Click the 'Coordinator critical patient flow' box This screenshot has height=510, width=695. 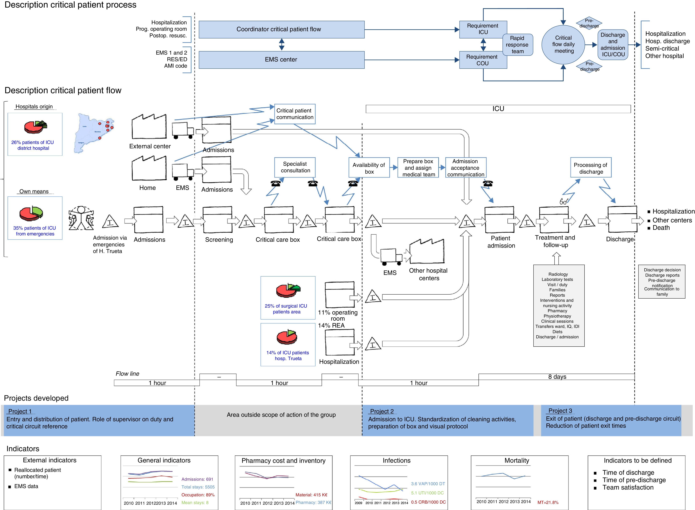[x=281, y=29]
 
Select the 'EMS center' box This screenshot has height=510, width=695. [x=281, y=60]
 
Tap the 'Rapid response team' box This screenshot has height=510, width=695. [x=518, y=45]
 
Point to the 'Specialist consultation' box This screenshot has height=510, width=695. [x=295, y=167]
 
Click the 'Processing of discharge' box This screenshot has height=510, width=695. [x=591, y=168]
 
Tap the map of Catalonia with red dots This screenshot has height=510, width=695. [x=94, y=132]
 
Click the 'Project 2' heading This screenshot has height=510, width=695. [x=382, y=411]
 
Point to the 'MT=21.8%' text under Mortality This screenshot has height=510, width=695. [x=548, y=502]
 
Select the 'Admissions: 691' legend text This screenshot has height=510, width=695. [x=197, y=479]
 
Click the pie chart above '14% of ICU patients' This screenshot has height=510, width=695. [x=287, y=337]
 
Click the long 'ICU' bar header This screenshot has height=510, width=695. [x=498, y=109]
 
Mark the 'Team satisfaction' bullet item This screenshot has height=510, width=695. [x=628, y=487]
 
